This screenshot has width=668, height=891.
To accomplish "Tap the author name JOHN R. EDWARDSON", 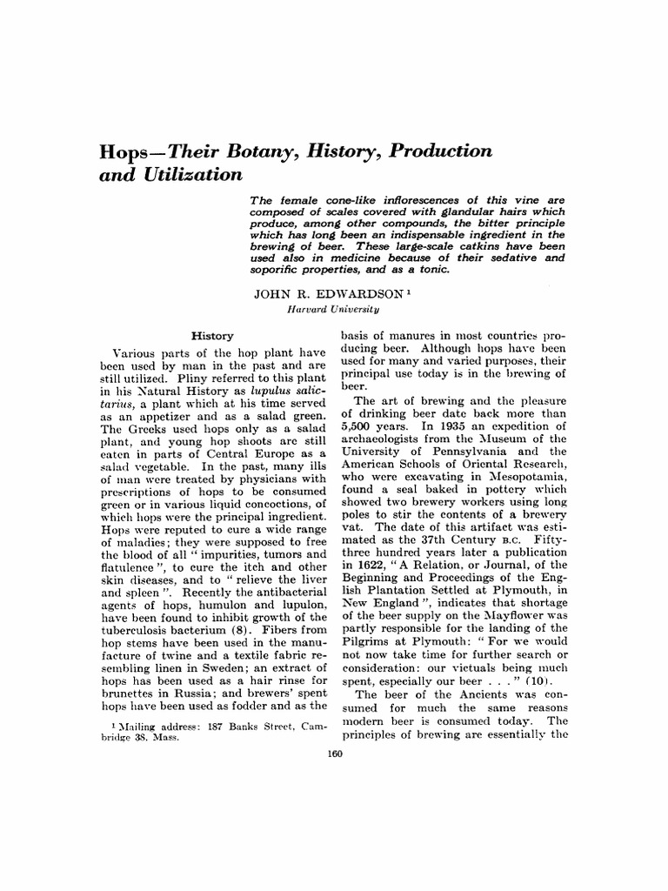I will click(x=321, y=294).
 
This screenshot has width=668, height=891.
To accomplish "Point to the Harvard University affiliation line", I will click(x=332, y=308).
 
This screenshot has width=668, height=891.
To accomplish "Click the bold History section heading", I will click(x=213, y=336).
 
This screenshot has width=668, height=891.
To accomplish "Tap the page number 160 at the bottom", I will click(x=334, y=755).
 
